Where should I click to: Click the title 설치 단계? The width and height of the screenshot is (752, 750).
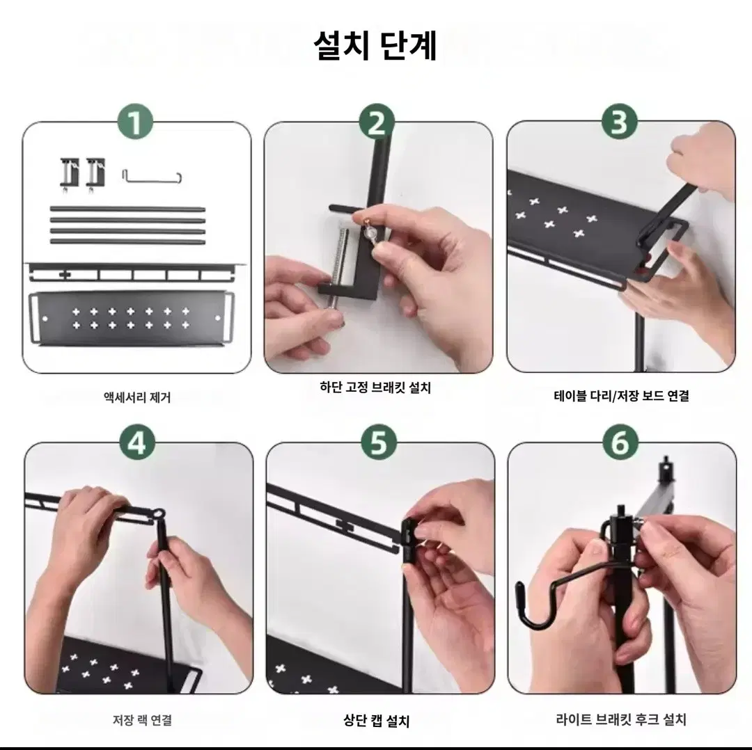coord(375,45)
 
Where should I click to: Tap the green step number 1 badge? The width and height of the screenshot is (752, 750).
coord(136,122)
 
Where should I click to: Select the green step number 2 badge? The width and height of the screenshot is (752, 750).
coord(377,122)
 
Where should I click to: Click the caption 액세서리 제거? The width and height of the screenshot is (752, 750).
coord(137,397)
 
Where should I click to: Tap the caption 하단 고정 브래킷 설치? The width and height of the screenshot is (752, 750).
coord(375,387)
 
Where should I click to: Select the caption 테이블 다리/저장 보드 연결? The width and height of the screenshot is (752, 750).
coord(622,396)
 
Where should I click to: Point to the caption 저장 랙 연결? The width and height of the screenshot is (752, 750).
coord(143,720)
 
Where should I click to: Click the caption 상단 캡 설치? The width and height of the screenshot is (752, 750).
coord(377,721)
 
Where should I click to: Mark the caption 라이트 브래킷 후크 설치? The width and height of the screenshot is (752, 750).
coord(622,719)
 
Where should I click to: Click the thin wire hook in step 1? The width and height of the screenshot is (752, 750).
coord(152,180)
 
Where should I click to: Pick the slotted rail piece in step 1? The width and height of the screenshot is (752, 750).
coord(137,272)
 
